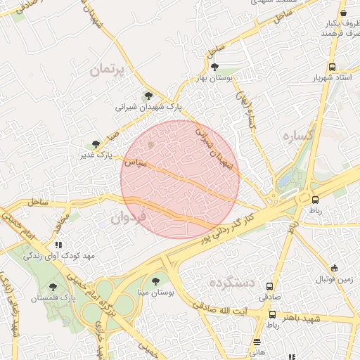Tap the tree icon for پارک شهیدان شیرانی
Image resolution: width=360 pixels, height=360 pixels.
[x=147, y=96]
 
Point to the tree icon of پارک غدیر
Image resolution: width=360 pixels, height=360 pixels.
[x=96, y=144]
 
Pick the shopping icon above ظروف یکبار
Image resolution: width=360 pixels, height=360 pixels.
[x=343, y=13]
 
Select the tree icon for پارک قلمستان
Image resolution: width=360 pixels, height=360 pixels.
[x=53, y=287]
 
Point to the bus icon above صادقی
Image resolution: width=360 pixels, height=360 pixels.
[x=270, y=286]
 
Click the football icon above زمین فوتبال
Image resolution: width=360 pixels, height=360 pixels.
[x=334, y=269]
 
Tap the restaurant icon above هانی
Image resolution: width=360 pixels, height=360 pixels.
[x=257, y=342]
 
